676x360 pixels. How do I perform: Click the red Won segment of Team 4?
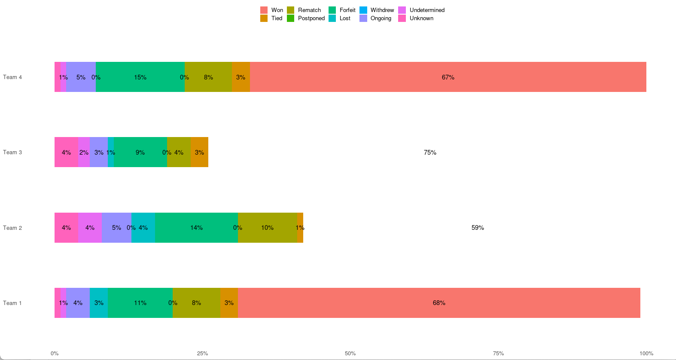[448, 77]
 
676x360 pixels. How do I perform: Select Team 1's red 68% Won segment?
[439, 303]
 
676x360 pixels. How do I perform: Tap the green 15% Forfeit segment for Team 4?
[140, 77]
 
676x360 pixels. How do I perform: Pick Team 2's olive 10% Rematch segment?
[268, 228]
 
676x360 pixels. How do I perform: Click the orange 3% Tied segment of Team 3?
[199, 152]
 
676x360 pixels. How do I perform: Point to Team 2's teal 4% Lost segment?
[143, 228]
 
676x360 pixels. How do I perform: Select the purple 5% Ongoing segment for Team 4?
[81, 77]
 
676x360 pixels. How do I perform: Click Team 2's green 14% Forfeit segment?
[196, 228]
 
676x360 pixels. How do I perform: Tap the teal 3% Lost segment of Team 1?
[99, 303]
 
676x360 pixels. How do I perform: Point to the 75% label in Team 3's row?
[430, 153]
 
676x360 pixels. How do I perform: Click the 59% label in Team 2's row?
[478, 228]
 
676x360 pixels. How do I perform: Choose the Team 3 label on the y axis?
[12, 152]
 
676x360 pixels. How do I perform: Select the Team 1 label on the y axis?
[12, 303]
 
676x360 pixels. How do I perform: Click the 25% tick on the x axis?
[202, 354]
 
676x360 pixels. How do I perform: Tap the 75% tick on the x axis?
[498, 354]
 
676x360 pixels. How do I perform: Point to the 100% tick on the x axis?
[646, 354]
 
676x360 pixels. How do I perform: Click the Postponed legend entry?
[306, 18]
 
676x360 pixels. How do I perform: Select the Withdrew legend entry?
[377, 10]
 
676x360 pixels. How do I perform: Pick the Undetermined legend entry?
[421, 10]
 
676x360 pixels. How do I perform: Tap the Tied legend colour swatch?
[264, 18]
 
